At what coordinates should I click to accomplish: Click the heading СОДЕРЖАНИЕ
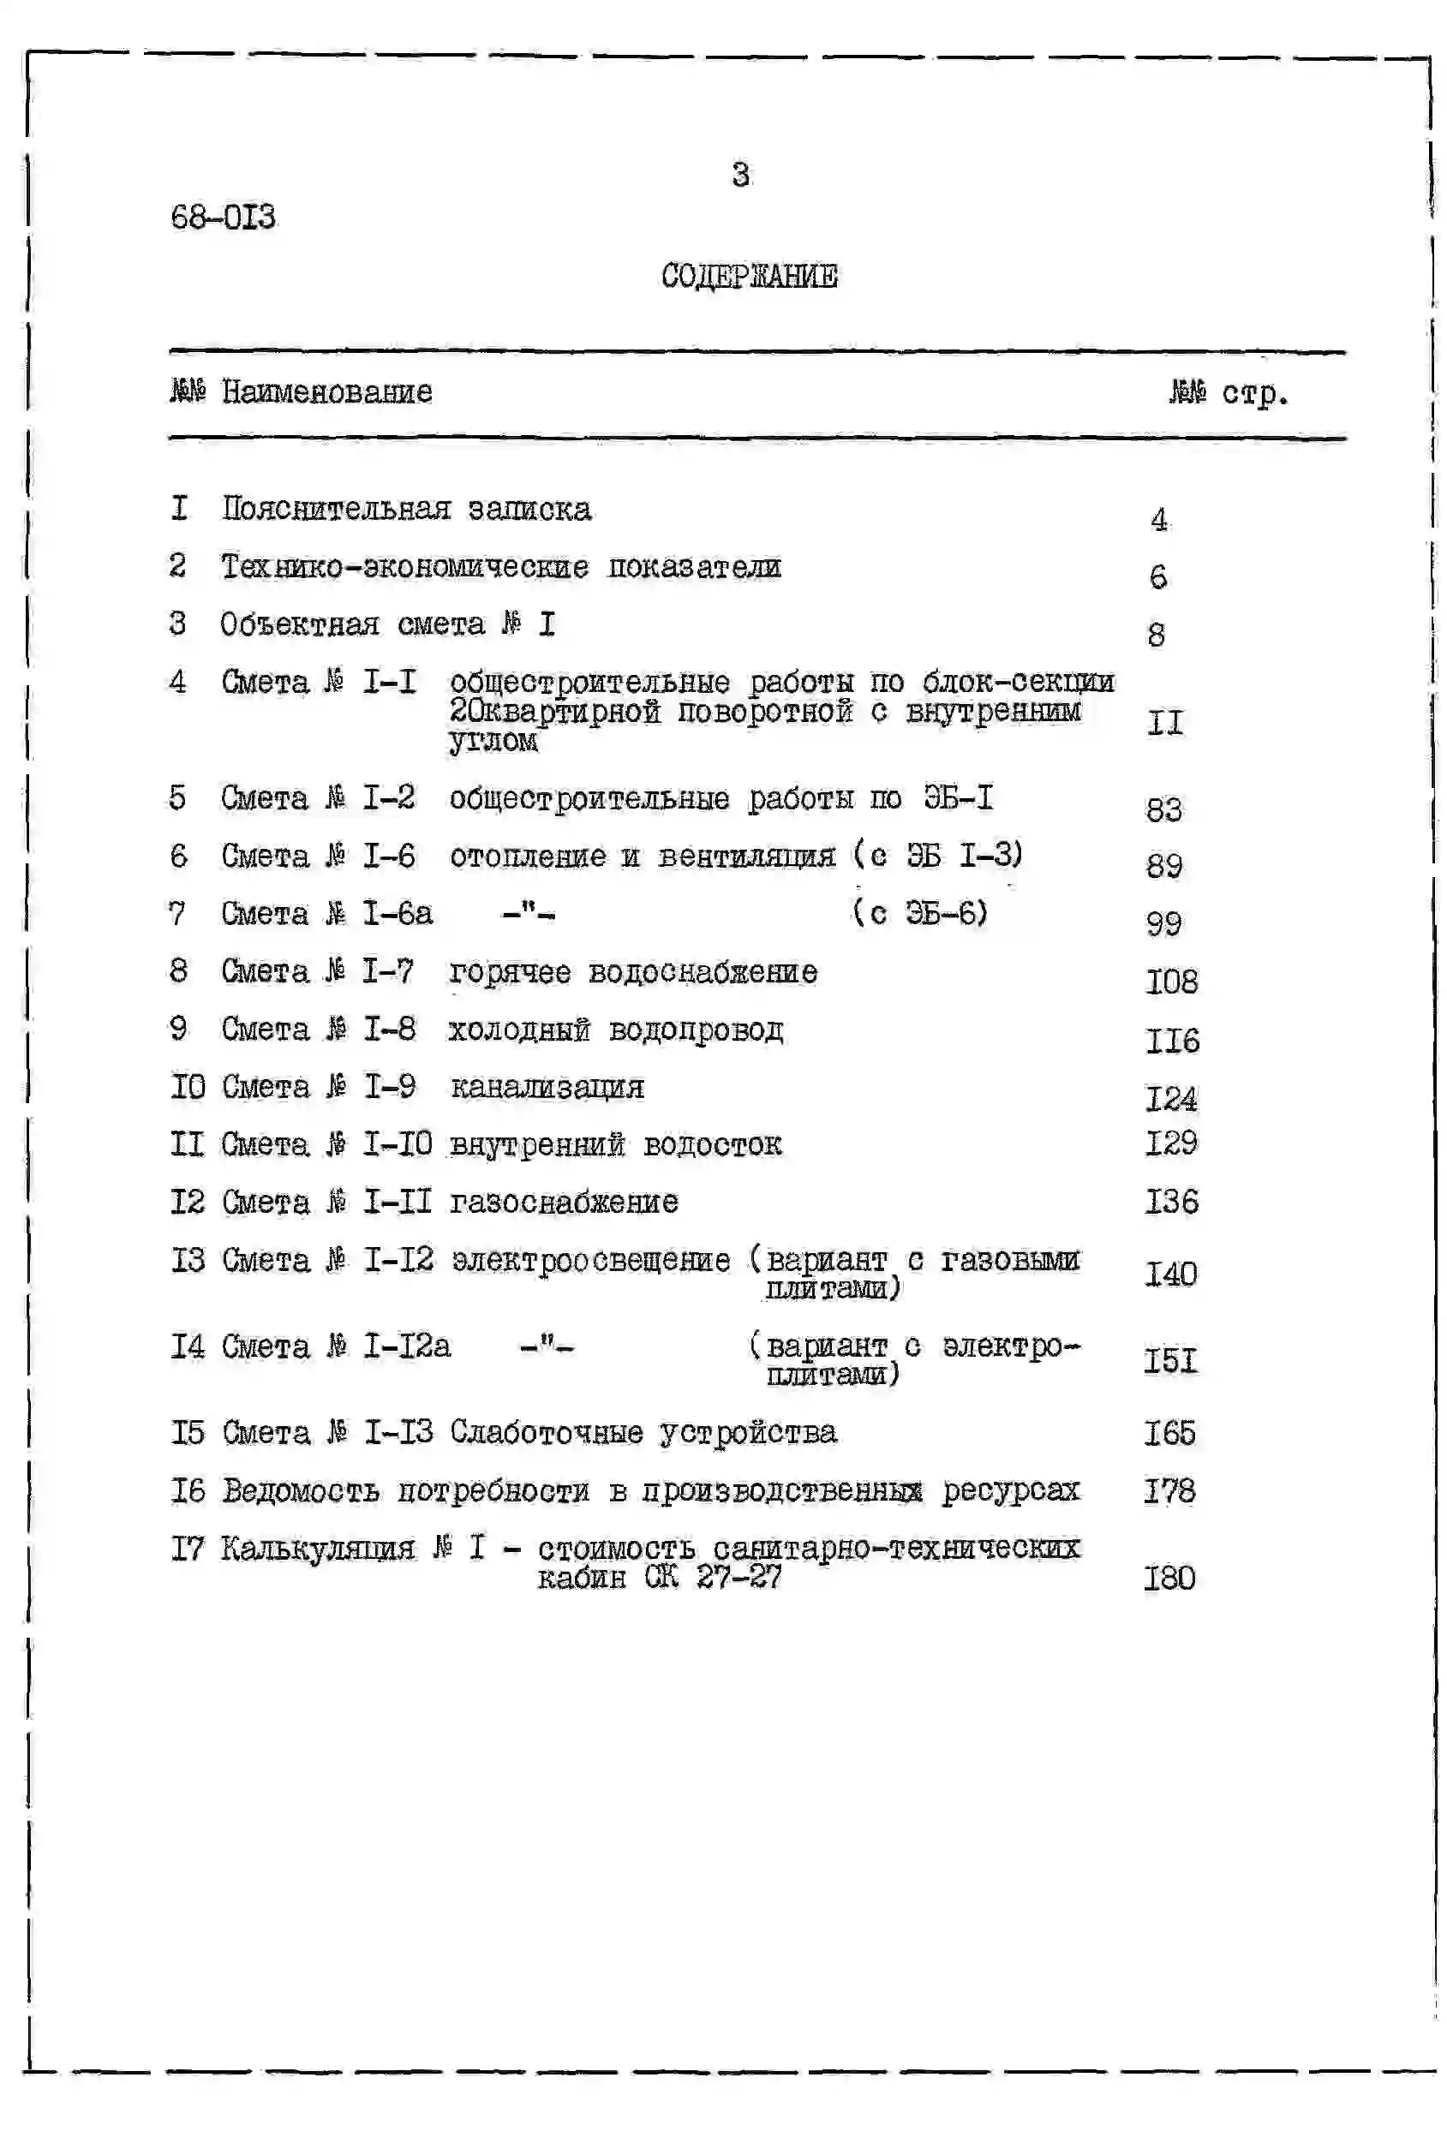[749, 276]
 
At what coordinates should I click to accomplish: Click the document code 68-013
[222, 218]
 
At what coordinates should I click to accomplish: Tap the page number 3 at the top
[739, 174]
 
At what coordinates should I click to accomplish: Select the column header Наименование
[326, 392]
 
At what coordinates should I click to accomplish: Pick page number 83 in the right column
[1163, 809]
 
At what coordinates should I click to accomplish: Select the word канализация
[546, 1087]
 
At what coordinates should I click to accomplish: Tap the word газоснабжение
[564, 1202]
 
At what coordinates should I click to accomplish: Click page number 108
[1170, 981]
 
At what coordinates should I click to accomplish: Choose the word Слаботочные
[546, 1432]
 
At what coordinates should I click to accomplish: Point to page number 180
[1169, 1578]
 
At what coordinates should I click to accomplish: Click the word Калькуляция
[317, 1549]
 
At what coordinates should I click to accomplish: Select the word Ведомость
[300, 1490]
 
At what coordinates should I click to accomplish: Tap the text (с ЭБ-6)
[918, 913]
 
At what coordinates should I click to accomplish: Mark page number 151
[1169, 1360]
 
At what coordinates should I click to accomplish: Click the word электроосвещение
[590, 1260]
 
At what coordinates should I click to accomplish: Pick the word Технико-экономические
[404, 566]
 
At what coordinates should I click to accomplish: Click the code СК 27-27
[712, 1577]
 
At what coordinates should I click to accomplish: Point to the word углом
[493, 741]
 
